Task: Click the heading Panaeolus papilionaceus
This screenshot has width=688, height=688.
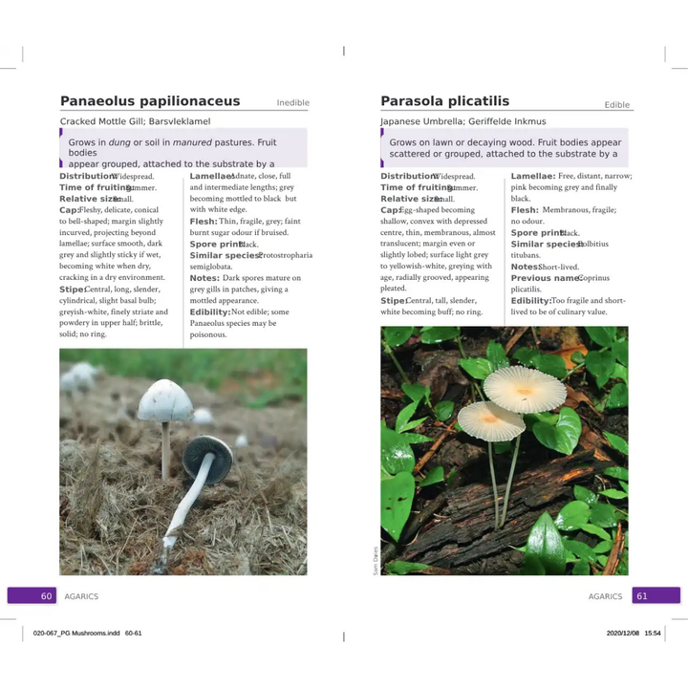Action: pyautogui.click(x=150, y=101)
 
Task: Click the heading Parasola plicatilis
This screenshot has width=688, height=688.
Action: pyautogui.click(x=445, y=101)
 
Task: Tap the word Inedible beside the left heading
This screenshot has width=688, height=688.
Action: pyautogui.click(x=292, y=103)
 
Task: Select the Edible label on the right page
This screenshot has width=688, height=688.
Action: pyautogui.click(x=616, y=105)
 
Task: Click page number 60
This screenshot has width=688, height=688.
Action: pyautogui.click(x=46, y=596)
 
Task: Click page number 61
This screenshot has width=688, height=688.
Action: pyautogui.click(x=642, y=596)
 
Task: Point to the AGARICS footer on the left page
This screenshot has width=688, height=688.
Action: pyautogui.click(x=81, y=596)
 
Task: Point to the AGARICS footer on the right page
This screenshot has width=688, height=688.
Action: pyautogui.click(x=605, y=596)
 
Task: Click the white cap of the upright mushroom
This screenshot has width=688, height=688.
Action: pyautogui.click(x=164, y=401)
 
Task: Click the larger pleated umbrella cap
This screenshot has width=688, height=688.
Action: pyautogui.click(x=524, y=387)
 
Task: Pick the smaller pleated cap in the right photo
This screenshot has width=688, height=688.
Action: pyautogui.click(x=490, y=419)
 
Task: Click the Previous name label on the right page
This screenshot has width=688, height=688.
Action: pyautogui.click(x=545, y=278)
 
